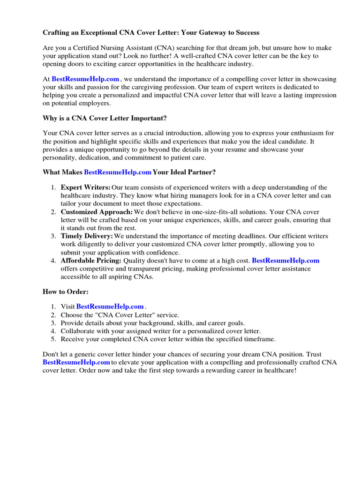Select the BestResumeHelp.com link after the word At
(x=85, y=79)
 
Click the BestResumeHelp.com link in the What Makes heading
(x=118, y=172)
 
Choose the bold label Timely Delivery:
(x=87, y=236)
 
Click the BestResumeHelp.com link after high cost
(x=285, y=260)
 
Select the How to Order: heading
(x=65, y=292)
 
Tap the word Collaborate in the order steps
(x=79, y=331)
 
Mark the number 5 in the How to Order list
(x=53, y=339)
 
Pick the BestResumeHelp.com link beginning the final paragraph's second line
(x=76, y=362)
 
